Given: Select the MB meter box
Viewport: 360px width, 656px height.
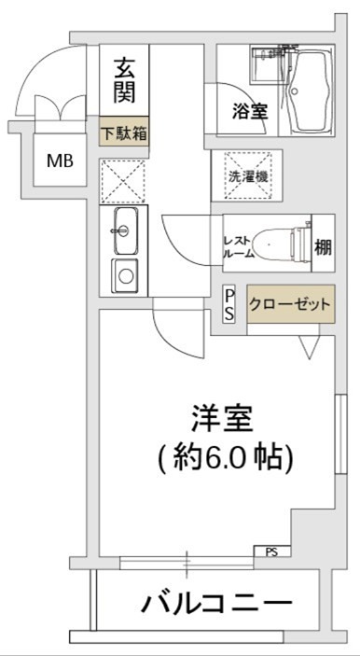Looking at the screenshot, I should click(x=61, y=161).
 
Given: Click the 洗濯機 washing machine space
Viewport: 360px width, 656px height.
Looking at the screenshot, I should click(x=248, y=174).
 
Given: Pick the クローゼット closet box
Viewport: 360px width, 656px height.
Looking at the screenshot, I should click(x=290, y=305).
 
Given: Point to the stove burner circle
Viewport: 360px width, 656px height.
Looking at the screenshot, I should click(x=125, y=274).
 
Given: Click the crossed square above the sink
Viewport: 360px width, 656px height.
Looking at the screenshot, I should click(x=124, y=179).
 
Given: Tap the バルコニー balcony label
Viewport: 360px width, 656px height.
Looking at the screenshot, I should click(x=216, y=602).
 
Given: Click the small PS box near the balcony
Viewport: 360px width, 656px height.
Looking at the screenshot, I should click(x=271, y=552).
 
